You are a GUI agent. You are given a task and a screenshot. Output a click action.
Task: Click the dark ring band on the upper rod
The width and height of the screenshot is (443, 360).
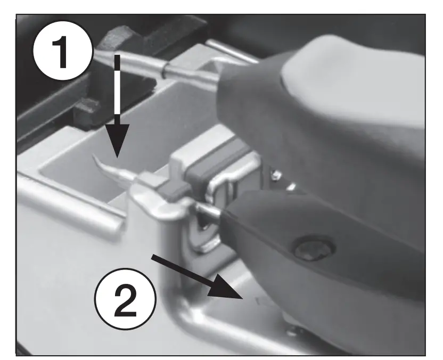pyautogui.click(x=167, y=69)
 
